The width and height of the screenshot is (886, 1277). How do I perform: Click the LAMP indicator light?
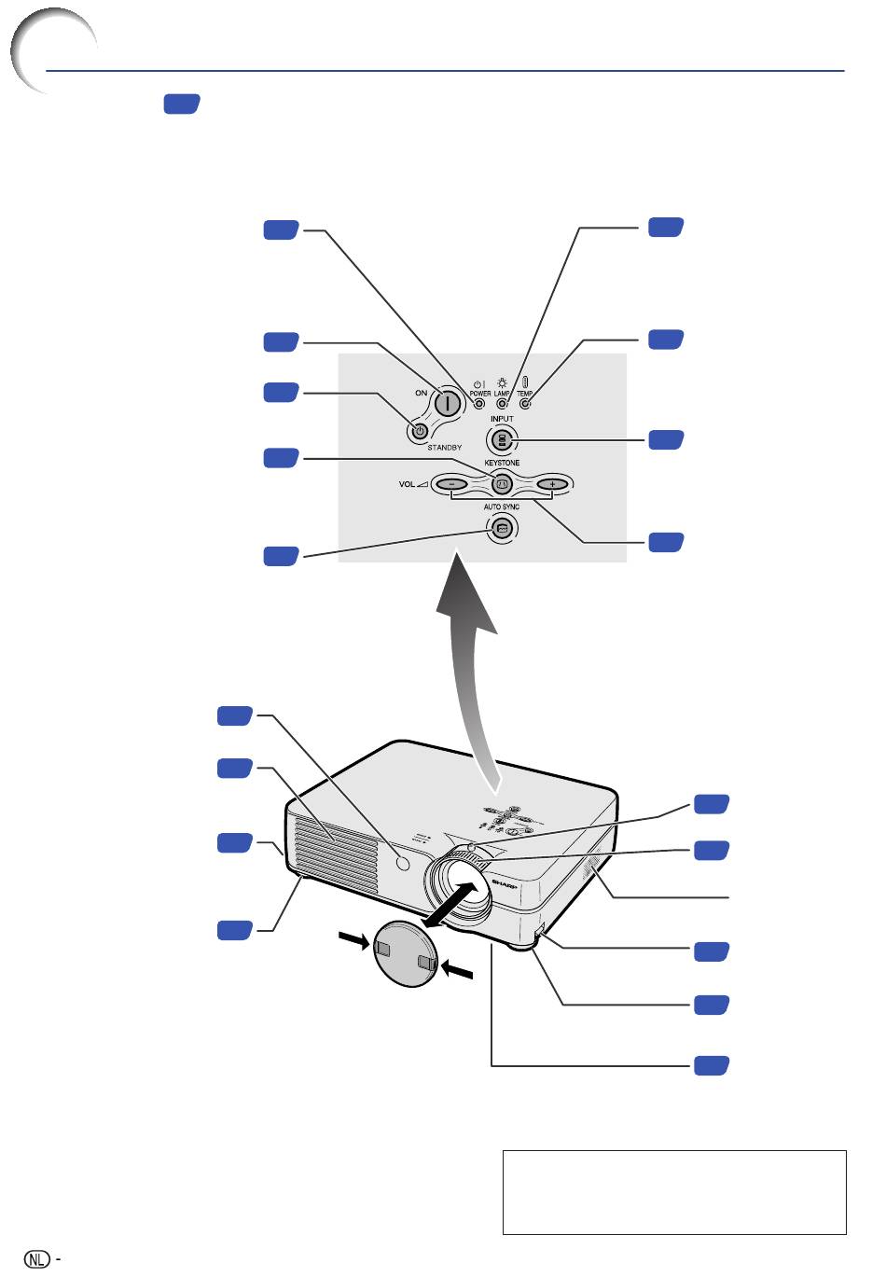502,404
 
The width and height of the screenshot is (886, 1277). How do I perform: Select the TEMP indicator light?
525,404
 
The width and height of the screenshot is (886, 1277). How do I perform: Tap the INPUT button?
502,440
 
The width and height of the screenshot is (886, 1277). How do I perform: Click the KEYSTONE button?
502,484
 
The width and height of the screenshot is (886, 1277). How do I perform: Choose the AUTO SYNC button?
502,528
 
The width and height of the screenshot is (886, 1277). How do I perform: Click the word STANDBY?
445,448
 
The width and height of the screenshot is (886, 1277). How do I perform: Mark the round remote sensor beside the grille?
403,863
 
